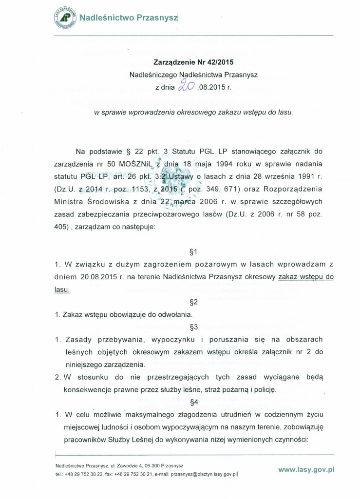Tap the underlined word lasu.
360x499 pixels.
62,289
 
